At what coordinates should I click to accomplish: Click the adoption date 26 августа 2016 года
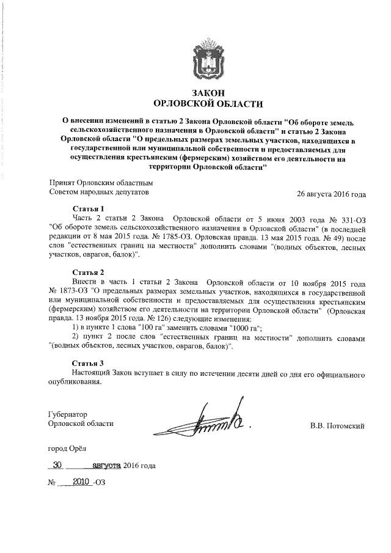click(331, 194)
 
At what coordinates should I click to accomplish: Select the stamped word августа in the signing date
click(106, 466)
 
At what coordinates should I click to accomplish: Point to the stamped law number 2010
click(81, 481)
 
